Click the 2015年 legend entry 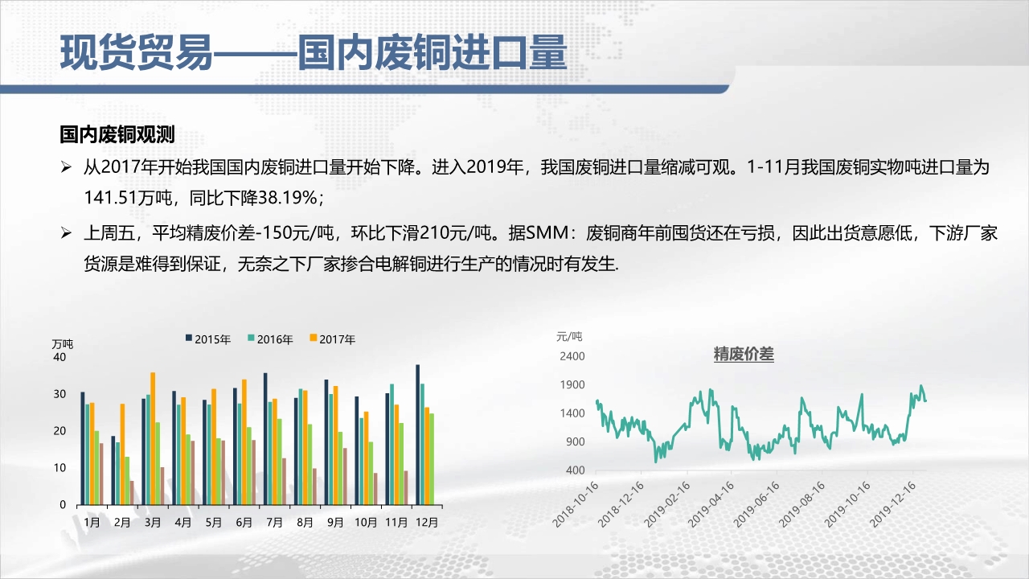click(x=207, y=339)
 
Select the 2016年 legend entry click(x=270, y=339)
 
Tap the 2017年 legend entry click(x=333, y=339)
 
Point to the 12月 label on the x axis click(x=427, y=522)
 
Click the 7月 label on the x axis click(x=274, y=522)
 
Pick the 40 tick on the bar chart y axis click(x=59, y=357)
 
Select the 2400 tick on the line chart click(x=572, y=356)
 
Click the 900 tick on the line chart click(x=575, y=441)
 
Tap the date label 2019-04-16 click(x=711, y=504)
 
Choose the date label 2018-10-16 click(x=575, y=504)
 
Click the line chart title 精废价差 click(x=744, y=355)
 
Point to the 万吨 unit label click(x=63, y=343)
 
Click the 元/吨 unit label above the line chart click(x=569, y=336)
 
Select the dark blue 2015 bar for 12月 click(x=417, y=435)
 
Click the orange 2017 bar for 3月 click(x=153, y=438)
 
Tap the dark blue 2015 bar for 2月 click(x=113, y=470)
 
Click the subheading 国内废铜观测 click(x=117, y=134)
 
